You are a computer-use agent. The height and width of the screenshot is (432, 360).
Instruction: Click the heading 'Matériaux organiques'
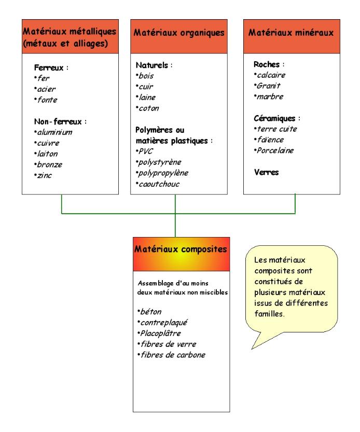pyautogui.click(x=179, y=33)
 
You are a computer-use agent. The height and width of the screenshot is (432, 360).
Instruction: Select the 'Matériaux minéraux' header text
pyautogui.click(x=291, y=33)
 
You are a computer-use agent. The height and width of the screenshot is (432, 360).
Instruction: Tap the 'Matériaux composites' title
pyautogui.click(x=181, y=249)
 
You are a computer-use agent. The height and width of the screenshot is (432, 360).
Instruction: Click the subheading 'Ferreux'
pyautogui.click(x=49, y=67)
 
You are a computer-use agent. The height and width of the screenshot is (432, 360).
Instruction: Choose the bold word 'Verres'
pyautogui.click(x=266, y=173)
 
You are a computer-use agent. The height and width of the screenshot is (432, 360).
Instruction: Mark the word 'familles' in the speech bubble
pyautogui.click(x=269, y=314)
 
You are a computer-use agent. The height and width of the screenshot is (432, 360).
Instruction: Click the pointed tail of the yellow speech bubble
pyautogui.click(x=252, y=349)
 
